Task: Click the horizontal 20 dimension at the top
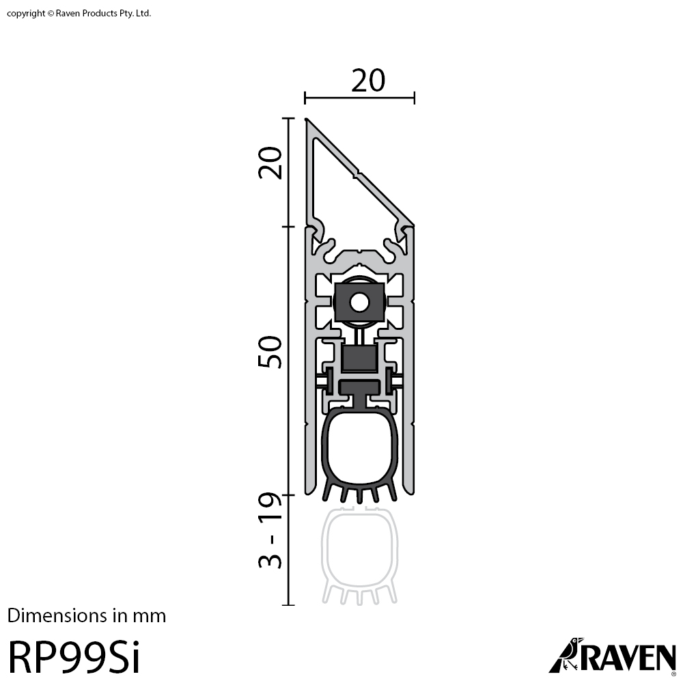click(368, 81)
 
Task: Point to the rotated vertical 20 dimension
click(270, 163)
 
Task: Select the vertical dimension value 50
click(270, 352)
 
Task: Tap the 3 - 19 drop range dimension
click(270, 530)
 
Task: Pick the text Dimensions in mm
click(87, 616)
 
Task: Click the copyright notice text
click(79, 14)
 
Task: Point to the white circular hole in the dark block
click(359, 303)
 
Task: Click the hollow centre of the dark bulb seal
click(359, 449)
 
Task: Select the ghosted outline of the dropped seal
click(359, 556)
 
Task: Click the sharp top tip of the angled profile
click(306, 118)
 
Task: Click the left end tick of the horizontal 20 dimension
click(305, 98)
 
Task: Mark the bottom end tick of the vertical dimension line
click(288, 604)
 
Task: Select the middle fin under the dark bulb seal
click(359, 495)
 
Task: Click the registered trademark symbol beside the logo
click(674, 674)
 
